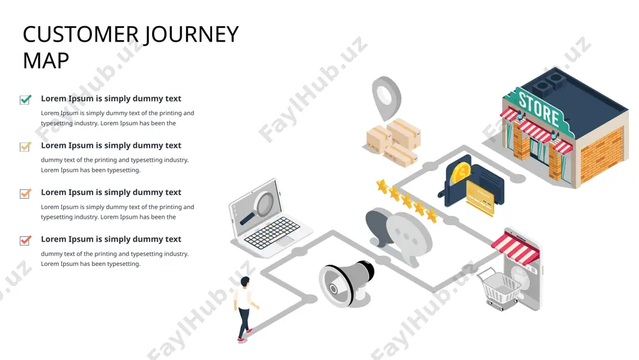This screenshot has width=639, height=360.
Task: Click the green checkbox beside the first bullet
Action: point(26,100)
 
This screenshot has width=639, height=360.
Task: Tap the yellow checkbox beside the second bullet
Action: point(26,146)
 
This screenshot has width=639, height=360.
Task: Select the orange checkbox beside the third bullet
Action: point(26,193)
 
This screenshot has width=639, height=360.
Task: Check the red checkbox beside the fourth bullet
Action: point(26,240)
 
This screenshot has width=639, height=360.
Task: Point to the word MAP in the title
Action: point(45,61)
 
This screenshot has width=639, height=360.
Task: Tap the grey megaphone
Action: point(346,283)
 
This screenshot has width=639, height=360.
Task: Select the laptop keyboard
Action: point(272,233)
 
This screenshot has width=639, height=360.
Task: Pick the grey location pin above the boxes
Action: point(386,97)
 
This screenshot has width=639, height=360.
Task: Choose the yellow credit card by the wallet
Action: point(480,198)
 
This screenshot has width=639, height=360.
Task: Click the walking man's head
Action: point(245,282)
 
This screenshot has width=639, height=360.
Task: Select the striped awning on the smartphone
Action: point(516,248)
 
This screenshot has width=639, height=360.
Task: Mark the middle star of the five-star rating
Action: point(406,201)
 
